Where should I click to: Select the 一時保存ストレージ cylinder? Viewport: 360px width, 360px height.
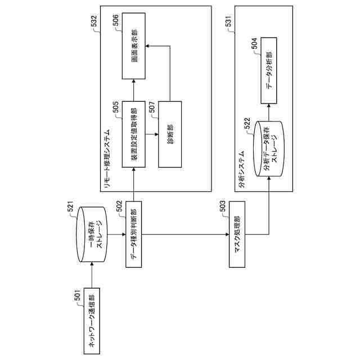91,236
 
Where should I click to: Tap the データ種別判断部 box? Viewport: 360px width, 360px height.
133,235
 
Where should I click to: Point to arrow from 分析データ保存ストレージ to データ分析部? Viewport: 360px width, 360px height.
269,111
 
